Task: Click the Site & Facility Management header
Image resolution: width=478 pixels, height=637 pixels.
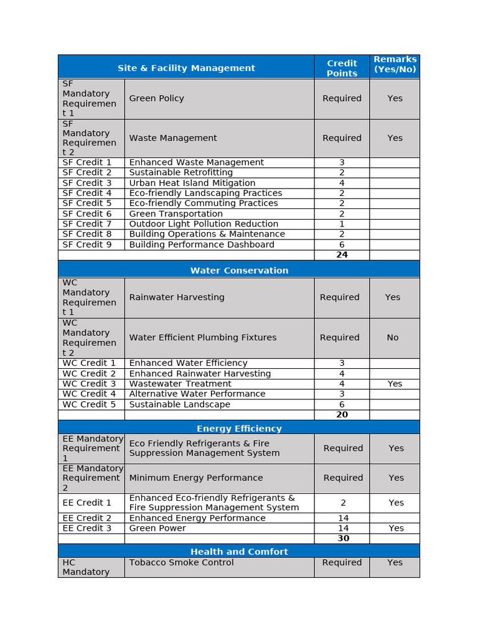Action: pyautogui.click(x=186, y=68)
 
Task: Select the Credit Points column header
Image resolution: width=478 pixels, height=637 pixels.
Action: pyautogui.click(x=342, y=68)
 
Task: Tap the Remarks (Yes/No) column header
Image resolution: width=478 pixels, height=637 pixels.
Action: pyautogui.click(x=395, y=64)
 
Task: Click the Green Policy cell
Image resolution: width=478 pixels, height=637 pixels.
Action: pyautogui.click(x=156, y=98)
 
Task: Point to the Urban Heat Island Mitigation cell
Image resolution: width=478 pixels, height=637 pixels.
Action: pyautogui.click(x=192, y=183)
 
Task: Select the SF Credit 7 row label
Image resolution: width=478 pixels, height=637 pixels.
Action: pyautogui.click(x=87, y=224)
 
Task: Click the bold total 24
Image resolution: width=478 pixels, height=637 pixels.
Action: pyautogui.click(x=342, y=255)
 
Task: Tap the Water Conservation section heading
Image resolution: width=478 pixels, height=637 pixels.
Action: pyautogui.click(x=239, y=271)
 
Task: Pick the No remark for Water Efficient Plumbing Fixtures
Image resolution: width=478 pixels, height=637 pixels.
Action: pyautogui.click(x=393, y=338)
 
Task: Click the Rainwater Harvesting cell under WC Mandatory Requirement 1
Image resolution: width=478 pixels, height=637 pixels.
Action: pyautogui.click(x=177, y=297)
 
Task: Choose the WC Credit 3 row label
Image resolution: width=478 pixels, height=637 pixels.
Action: pyautogui.click(x=89, y=384)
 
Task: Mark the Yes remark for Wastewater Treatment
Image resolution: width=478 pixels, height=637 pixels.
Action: pyautogui.click(x=395, y=384)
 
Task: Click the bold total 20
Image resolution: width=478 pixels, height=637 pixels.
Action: pyautogui.click(x=342, y=415)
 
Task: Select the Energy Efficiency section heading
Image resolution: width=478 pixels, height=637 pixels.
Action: pyautogui.click(x=239, y=429)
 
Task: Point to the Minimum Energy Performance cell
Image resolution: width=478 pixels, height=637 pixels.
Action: pyautogui.click(x=195, y=478)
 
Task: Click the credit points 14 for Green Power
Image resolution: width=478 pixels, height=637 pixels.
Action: pyautogui.click(x=343, y=528)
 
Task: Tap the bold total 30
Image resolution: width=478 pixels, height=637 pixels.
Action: pyautogui.click(x=343, y=539)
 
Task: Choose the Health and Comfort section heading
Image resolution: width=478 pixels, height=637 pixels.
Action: pyautogui.click(x=239, y=552)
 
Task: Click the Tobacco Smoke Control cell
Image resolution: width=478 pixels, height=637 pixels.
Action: pyautogui.click(x=181, y=562)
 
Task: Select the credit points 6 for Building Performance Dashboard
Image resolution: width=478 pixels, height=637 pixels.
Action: pyautogui.click(x=342, y=244)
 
